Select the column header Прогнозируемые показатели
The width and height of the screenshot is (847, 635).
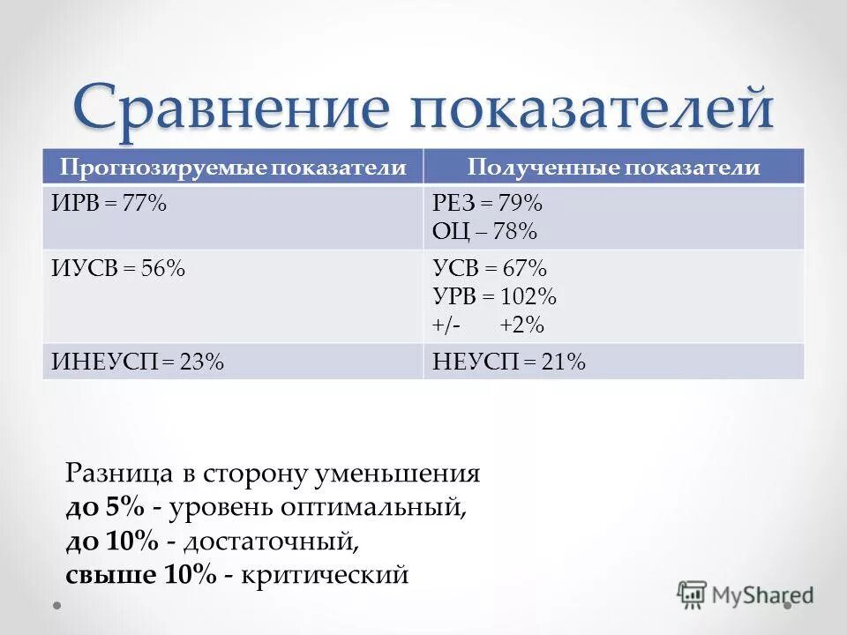(x=233, y=168)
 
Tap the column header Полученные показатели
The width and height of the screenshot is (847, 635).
(x=613, y=168)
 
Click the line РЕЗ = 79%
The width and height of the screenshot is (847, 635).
(x=487, y=204)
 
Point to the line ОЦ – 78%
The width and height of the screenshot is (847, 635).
(x=484, y=232)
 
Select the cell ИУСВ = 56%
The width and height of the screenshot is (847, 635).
(x=118, y=268)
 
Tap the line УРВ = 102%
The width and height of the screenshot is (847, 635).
(x=494, y=296)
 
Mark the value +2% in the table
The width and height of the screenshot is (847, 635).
(x=521, y=325)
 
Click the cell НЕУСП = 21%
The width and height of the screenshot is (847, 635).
(x=509, y=362)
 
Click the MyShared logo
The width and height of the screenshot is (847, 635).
(x=746, y=595)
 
